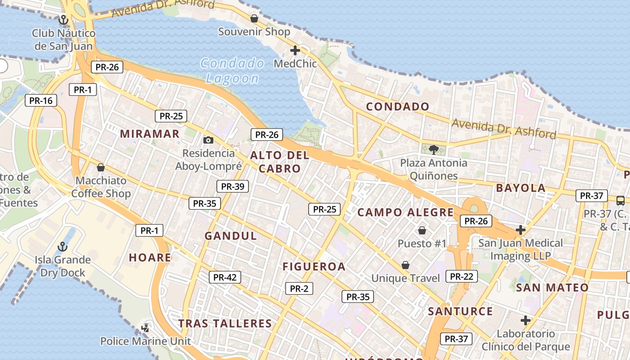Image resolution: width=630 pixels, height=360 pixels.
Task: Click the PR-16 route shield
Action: [41, 100]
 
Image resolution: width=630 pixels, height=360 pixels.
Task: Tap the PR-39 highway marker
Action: [233, 186]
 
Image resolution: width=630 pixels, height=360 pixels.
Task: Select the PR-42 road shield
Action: [225, 277]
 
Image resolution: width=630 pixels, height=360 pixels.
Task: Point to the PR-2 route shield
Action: [299, 288]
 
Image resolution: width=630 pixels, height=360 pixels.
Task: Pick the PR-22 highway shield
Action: [461, 276]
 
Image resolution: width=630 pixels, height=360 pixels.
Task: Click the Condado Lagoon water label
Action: [232, 71]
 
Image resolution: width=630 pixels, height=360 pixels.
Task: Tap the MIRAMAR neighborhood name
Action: [150, 134]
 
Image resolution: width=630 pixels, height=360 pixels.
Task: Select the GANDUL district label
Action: [231, 236]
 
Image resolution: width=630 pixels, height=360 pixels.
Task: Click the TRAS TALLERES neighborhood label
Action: [225, 324]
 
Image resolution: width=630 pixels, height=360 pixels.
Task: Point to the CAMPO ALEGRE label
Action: [405, 212]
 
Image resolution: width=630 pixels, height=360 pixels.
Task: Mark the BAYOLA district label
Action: [521, 188]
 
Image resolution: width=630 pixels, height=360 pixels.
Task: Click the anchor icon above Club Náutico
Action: [63, 19]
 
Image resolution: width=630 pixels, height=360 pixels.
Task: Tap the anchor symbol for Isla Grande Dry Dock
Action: [63, 246]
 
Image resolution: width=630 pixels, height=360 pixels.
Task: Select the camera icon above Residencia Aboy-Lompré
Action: [208, 140]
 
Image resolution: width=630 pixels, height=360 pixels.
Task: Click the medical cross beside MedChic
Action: [295, 50]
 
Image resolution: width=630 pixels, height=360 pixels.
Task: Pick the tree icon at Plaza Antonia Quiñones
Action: [433, 149]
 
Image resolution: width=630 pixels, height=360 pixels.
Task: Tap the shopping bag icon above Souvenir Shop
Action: [254, 18]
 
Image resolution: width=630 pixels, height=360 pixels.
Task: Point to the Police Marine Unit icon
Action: [145, 328]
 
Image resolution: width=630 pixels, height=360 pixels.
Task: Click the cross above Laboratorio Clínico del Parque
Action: [525, 320]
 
